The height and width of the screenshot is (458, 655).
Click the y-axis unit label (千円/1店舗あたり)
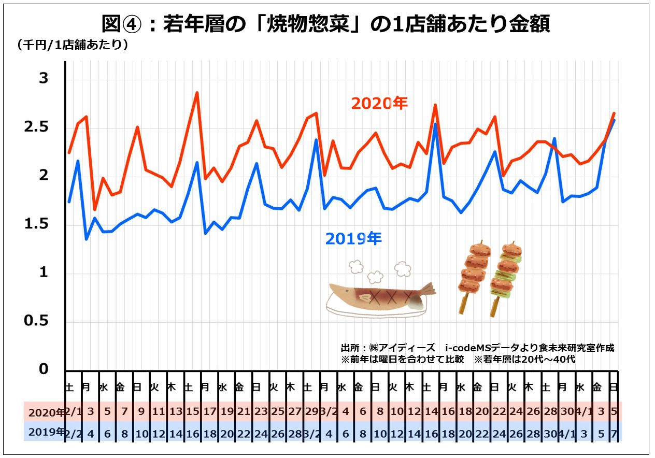[73, 45]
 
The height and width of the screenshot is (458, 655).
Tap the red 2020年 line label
[379, 104]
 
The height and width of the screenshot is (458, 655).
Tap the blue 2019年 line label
[353, 239]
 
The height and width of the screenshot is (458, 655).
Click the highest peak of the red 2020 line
[197, 93]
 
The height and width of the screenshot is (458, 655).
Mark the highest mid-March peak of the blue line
[435, 124]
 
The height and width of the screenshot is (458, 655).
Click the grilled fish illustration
[381, 298]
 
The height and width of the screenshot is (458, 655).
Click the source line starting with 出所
[477, 348]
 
